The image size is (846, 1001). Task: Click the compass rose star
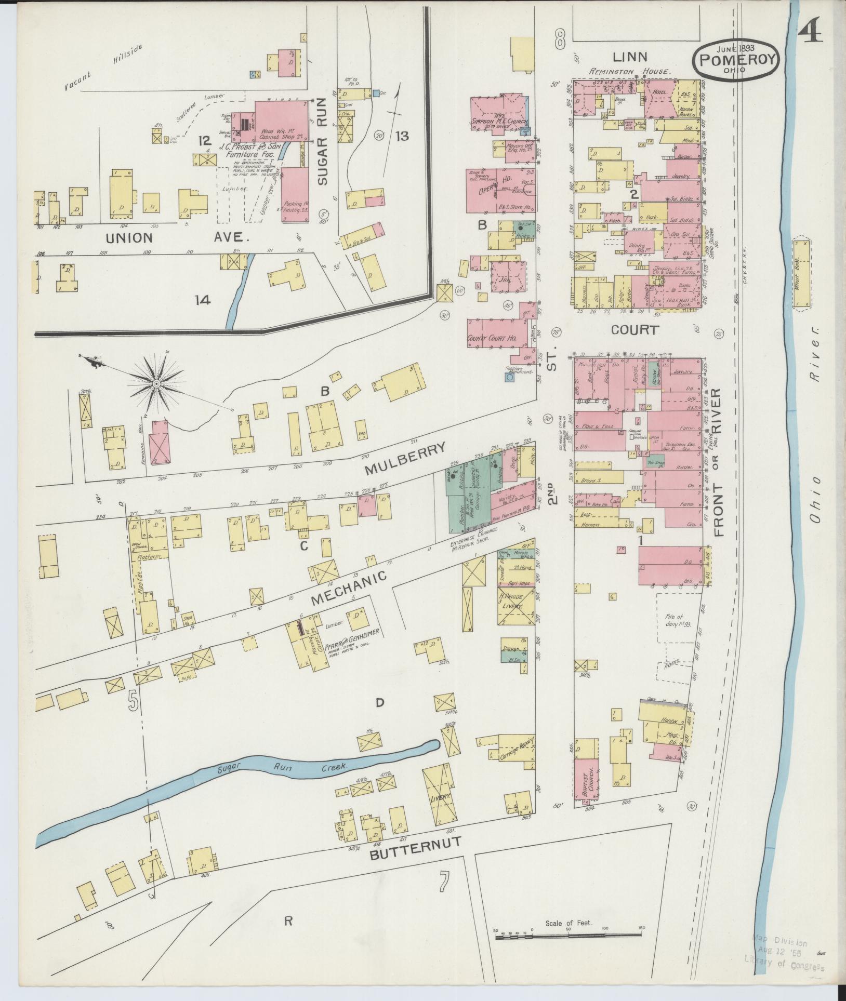pos(155,383)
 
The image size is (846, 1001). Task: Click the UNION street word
pos(130,238)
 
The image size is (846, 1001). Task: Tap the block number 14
pos(203,300)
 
